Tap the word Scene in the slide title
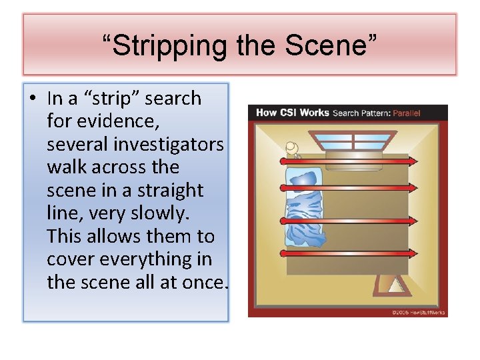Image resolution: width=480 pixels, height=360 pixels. tap(331, 45)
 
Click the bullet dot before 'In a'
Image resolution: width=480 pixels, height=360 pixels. tap(31, 99)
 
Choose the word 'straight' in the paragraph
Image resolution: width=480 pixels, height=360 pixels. tap(170, 190)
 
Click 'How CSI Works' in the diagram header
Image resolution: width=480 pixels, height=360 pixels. tap(292, 113)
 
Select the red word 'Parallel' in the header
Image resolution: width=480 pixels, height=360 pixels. tap(406, 113)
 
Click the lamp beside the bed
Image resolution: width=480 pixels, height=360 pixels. tap(291, 148)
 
